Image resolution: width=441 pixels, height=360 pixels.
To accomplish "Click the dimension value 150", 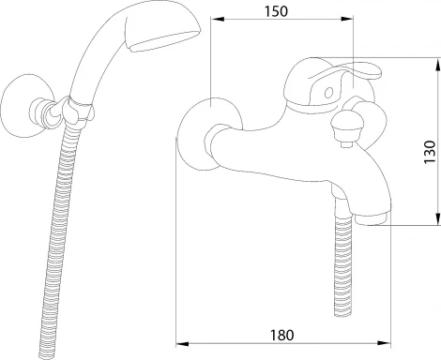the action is point(276,11).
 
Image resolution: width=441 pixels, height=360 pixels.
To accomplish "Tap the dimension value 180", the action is point(281,336).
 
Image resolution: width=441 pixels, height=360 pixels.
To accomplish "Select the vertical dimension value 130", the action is point(430,152).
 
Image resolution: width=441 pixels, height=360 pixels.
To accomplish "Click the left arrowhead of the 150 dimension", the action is point(218,19).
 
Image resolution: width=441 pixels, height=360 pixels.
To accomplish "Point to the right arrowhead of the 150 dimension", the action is point(347,19).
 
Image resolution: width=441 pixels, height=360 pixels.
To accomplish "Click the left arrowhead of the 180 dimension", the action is point(182,344).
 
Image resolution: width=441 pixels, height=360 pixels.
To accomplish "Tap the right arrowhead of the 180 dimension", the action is point(385,343).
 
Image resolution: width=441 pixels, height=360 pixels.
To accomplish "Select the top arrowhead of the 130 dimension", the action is point(437,64).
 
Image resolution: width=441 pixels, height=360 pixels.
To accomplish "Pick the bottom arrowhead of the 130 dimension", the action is point(437,218).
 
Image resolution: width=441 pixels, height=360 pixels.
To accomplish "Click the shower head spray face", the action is point(162,41).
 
